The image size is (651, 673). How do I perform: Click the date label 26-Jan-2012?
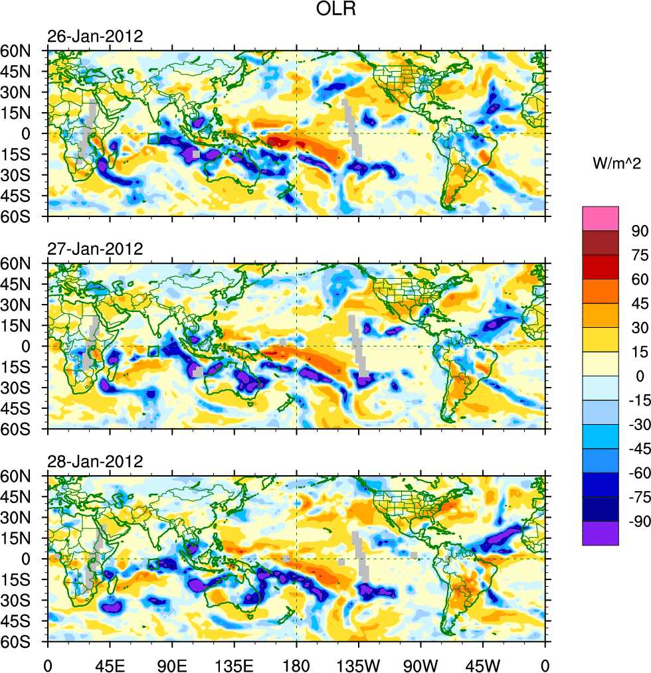click(x=95, y=37)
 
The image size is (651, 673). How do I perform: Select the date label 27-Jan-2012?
click(x=95, y=249)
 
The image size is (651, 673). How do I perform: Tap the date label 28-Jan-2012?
click(x=95, y=461)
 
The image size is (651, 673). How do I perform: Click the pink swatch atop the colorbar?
click(x=600, y=218)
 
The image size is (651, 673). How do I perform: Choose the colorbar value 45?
click(x=640, y=303)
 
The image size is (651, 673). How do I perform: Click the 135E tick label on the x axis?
click(x=234, y=664)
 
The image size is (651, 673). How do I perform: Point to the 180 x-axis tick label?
click(x=296, y=664)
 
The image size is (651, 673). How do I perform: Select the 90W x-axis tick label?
click(x=420, y=664)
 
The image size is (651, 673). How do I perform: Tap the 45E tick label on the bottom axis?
click(x=110, y=664)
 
